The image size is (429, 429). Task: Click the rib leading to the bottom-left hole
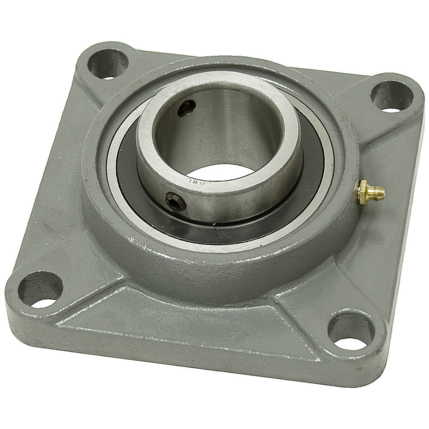[84, 275]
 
